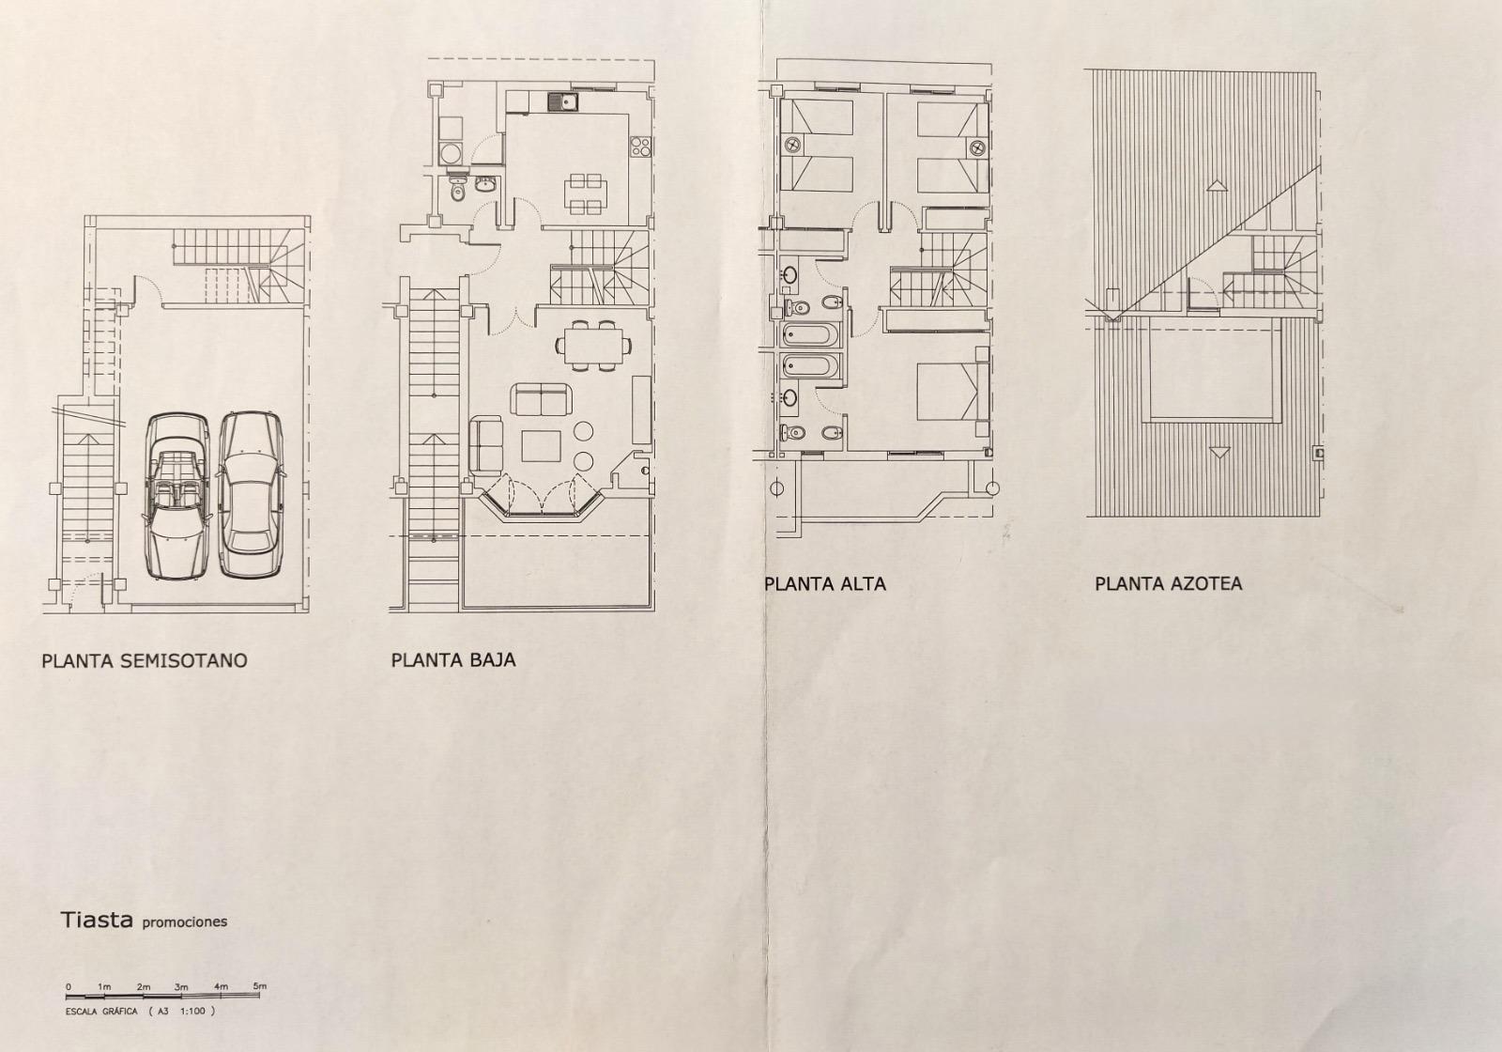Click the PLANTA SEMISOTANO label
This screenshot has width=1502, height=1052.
(x=145, y=661)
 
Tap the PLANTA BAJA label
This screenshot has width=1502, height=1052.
(x=453, y=660)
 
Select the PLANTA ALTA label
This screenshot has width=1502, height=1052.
(x=825, y=584)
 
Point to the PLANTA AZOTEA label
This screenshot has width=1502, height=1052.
(x=1168, y=583)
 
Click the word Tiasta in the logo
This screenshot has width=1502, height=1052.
(x=97, y=920)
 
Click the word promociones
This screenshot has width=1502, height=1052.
(x=185, y=922)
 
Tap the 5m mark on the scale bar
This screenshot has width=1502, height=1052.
(x=259, y=986)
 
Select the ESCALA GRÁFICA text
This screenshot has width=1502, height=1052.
(x=101, y=1011)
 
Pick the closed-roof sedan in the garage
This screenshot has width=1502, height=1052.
(x=251, y=495)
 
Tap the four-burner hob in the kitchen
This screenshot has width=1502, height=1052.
(x=640, y=147)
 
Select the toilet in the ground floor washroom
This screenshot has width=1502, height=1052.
(x=457, y=190)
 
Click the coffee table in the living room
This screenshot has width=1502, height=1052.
(x=541, y=446)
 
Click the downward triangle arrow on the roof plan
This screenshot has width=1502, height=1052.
(x=1219, y=452)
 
